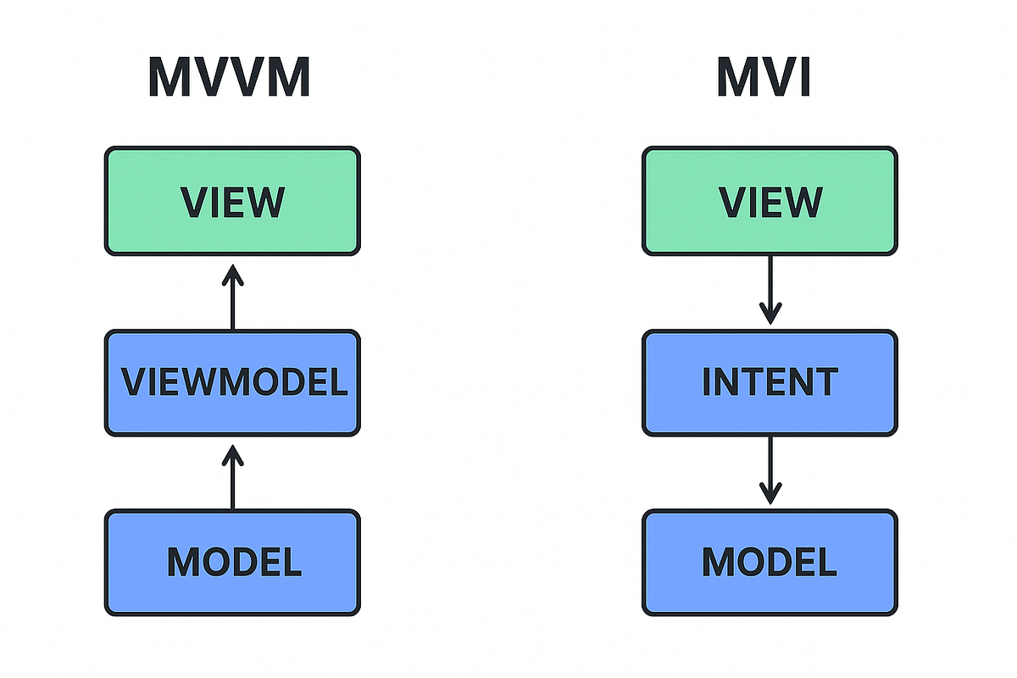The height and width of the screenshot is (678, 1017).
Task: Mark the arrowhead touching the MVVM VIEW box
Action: (232, 273)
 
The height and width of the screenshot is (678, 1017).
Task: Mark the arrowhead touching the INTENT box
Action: (770, 314)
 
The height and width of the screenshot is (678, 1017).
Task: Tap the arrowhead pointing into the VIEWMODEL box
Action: (232, 455)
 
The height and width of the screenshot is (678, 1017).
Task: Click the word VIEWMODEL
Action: (234, 383)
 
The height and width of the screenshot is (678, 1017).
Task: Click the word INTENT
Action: (770, 383)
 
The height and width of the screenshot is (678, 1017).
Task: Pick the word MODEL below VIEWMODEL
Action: (234, 562)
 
